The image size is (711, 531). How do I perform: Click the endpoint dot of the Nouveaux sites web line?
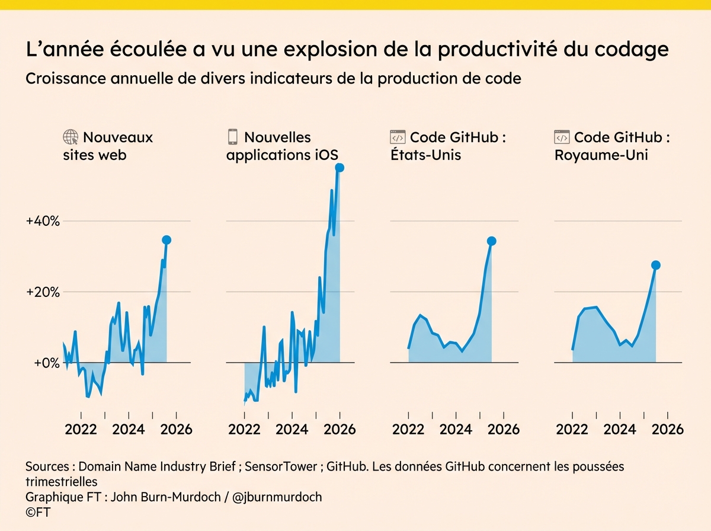point(166,240)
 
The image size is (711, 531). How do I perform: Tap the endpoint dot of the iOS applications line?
point(340,168)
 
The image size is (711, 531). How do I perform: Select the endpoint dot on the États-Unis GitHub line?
point(491,241)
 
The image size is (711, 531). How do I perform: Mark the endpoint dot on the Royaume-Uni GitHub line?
point(655,265)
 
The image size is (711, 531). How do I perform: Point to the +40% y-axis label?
point(43,221)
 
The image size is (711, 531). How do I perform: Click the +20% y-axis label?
point(43,292)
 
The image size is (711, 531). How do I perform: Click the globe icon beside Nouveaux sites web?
point(71,137)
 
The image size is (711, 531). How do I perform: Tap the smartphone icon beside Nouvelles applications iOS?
point(233,137)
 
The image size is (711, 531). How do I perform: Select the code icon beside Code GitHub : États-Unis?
point(397,137)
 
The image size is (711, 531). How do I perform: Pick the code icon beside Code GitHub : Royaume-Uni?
point(561,137)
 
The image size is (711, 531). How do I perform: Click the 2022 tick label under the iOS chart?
point(244,429)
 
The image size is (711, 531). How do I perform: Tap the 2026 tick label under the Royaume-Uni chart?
point(667,429)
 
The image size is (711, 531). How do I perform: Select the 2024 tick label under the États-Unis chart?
point(456,429)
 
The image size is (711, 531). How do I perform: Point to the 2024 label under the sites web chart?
point(129,429)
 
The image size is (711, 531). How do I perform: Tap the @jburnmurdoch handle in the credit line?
point(277,497)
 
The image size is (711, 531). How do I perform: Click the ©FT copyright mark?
point(37,511)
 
